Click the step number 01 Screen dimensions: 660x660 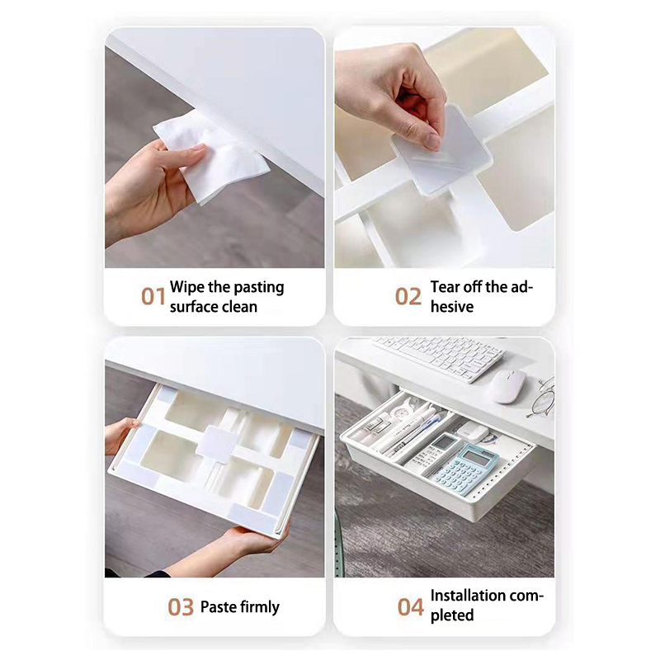coord(153,296)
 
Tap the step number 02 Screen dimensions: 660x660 coord(408,296)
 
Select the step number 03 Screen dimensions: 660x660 coord(181,607)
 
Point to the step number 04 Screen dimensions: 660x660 coord(410,607)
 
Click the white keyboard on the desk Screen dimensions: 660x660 coord(439,358)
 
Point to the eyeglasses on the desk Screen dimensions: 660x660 coord(542,397)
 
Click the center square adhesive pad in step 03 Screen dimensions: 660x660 coord(217,442)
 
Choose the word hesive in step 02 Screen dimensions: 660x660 coord(452,307)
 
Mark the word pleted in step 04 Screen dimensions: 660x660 coord(452,615)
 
